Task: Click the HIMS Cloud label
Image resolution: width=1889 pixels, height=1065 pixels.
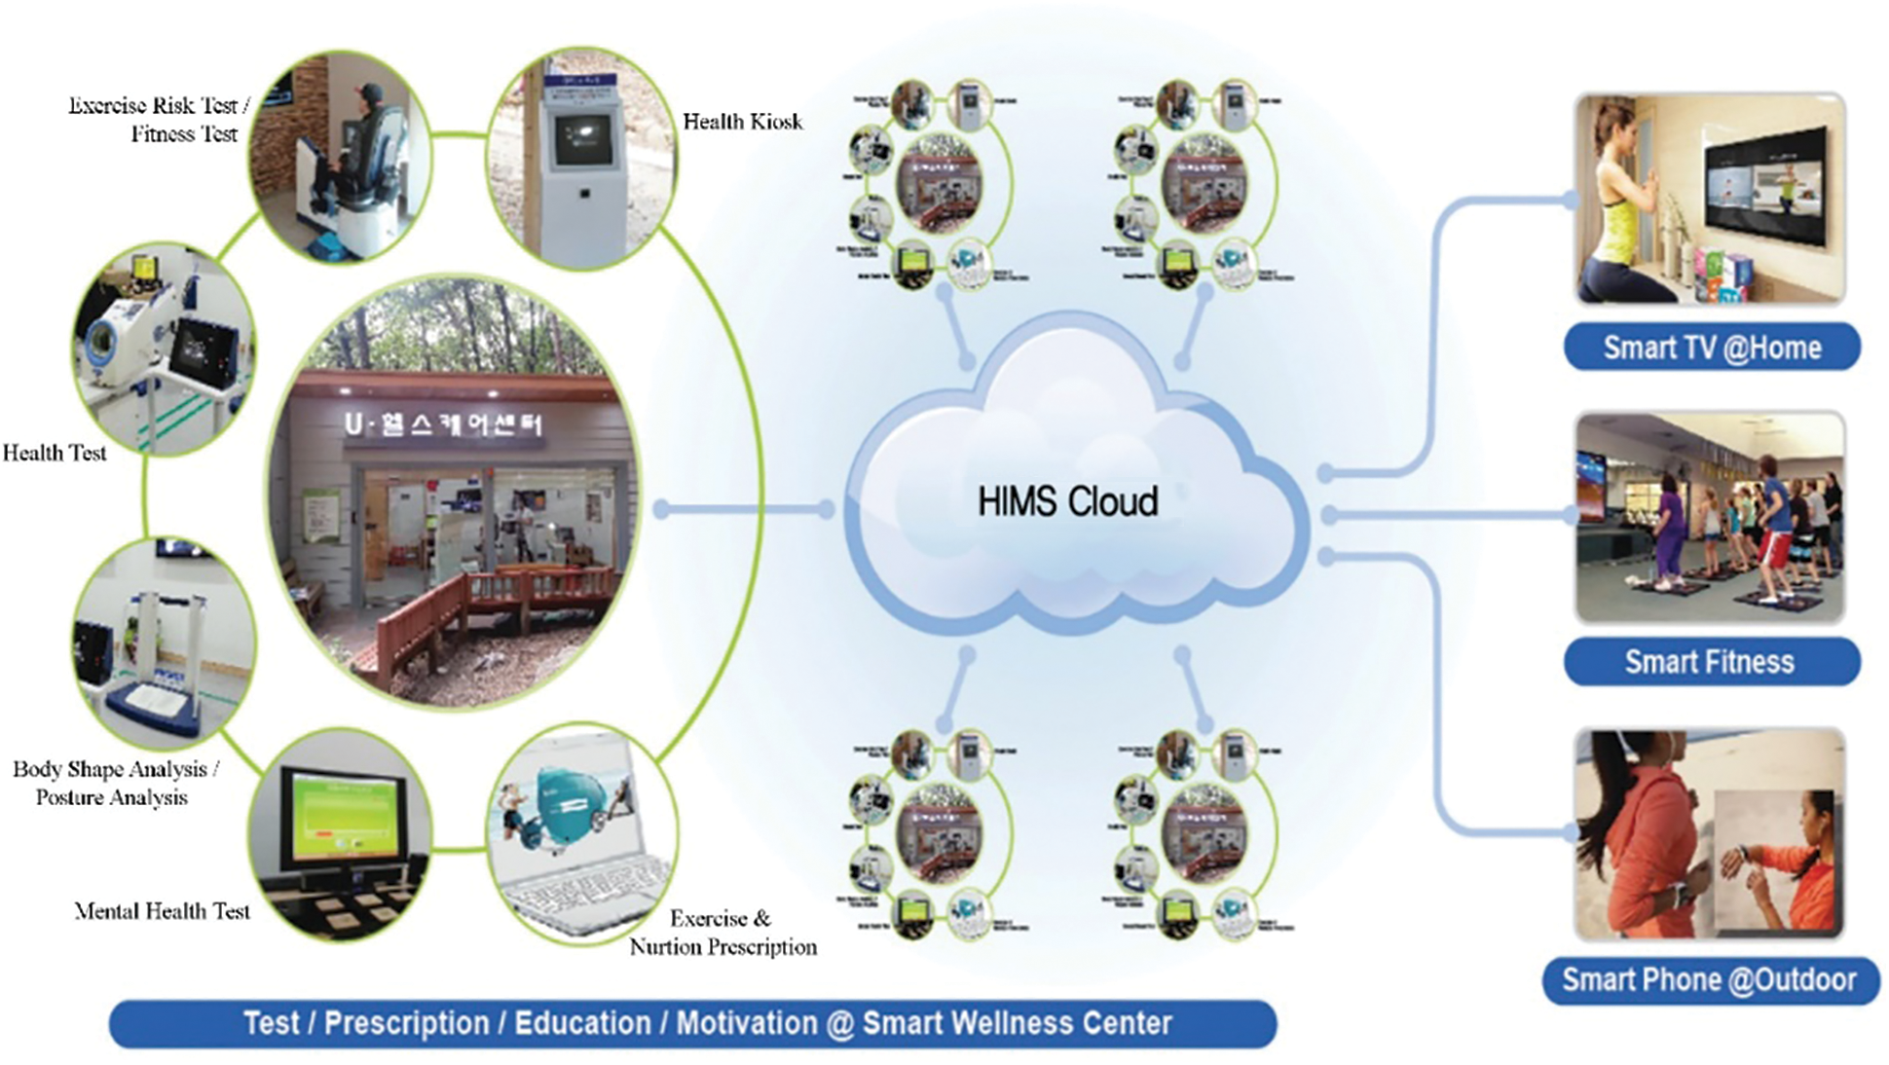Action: point(1067,502)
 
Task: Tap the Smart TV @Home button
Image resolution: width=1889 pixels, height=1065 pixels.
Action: point(1711,348)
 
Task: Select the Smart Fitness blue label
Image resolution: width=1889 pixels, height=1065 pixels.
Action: point(1709,662)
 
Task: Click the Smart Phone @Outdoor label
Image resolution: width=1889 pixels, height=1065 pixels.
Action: point(1709,979)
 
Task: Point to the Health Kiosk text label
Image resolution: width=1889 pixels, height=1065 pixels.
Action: point(742,122)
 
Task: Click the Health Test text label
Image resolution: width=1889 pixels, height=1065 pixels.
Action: point(55,453)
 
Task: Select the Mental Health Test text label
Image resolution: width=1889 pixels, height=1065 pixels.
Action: point(162,911)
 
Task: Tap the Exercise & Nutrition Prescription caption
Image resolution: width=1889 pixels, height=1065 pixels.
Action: point(722,933)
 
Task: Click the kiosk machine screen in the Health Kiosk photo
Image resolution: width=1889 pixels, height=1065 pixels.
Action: point(583,138)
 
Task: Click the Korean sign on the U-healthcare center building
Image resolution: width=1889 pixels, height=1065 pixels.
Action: point(443,424)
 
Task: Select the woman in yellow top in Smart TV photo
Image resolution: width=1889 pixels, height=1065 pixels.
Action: point(1620,195)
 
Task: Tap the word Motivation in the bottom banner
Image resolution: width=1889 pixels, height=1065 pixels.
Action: point(747,1023)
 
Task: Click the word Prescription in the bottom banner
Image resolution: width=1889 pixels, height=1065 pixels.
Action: point(406,1023)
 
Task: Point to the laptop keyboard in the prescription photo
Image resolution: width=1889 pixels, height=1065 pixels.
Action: point(584,891)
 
